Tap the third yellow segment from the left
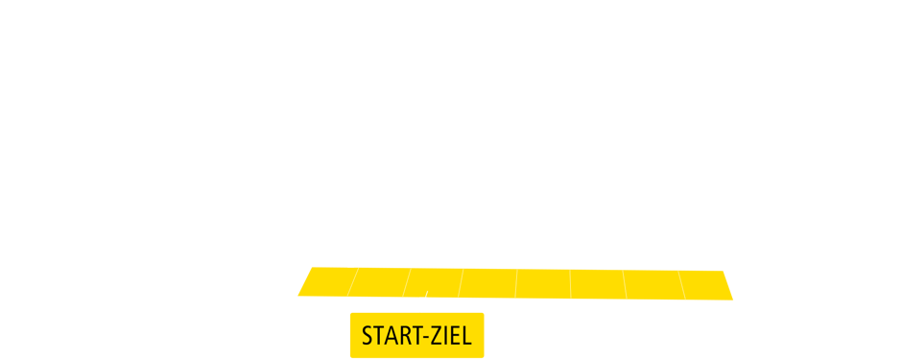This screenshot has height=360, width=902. pyautogui.click(x=434, y=283)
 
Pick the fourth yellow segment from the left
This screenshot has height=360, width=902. pyautogui.click(x=488, y=283)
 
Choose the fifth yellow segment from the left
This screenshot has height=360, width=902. pyautogui.click(x=543, y=283)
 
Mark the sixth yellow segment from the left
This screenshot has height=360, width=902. pyautogui.click(x=598, y=283)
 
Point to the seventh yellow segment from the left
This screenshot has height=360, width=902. pyautogui.click(x=653, y=283)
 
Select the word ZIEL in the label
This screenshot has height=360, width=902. pyautogui.click(x=451, y=336)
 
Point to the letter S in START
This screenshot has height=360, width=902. pyautogui.click(x=367, y=336)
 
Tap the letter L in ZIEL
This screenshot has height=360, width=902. pyautogui.click(x=466, y=336)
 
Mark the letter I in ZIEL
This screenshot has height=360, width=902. pyautogui.click(x=445, y=336)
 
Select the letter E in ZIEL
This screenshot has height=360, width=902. pyautogui.click(x=455, y=336)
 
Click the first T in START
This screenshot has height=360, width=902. pyautogui.click(x=377, y=336)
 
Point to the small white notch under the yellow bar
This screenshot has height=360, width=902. pyautogui.click(x=423, y=299)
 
